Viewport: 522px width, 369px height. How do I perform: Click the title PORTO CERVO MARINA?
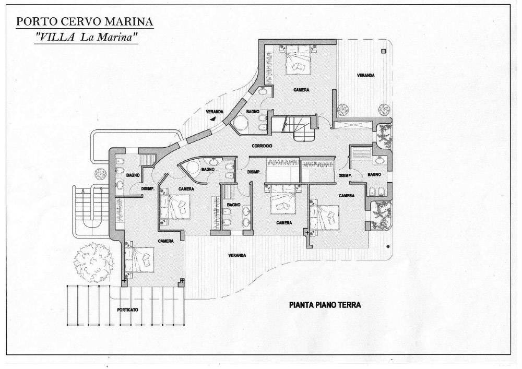85,22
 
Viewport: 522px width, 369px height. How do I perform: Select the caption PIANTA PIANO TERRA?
325,305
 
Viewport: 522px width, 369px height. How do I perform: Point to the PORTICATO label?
128,310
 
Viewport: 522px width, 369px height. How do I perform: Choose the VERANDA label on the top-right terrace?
365,75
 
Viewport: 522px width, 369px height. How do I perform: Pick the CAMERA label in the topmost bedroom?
301,90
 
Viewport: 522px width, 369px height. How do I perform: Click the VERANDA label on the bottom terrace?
238,255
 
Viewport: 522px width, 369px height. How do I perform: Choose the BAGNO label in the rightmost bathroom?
373,174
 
